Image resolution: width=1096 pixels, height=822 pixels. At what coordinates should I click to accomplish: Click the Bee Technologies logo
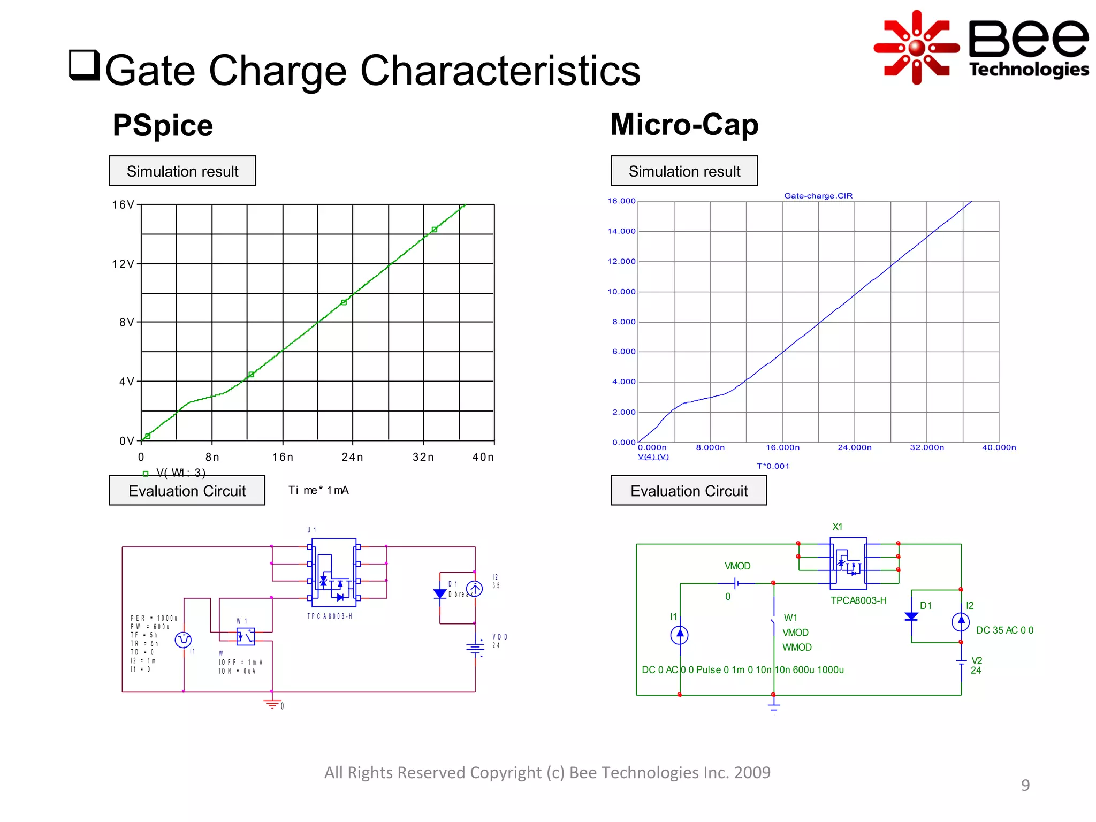(x=980, y=47)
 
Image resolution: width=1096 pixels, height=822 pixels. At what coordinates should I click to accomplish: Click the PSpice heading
(x=163, y=125)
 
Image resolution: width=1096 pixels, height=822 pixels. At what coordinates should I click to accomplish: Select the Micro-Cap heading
(x=684, y=124)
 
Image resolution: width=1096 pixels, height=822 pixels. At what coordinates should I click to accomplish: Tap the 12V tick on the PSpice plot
(x=124, y=264)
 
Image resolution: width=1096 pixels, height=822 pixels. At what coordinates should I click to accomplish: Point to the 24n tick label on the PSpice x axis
(x=352, y=457)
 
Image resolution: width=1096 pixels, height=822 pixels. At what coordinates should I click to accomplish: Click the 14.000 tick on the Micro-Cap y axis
(x=621, y=231)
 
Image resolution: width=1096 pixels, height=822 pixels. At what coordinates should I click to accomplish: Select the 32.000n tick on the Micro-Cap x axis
(x=927, y=447)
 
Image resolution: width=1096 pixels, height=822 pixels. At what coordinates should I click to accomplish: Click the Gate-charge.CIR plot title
(x=818, y=196)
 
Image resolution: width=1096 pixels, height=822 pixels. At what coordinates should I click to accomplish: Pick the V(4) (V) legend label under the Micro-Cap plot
(x=653, y=456)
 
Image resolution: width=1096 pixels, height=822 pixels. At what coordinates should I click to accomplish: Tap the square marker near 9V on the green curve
(x=344, y=302)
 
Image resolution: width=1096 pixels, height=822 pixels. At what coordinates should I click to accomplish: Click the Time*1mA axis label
(x=318, y=490)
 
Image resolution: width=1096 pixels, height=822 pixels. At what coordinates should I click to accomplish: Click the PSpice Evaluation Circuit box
(x=187, y=490)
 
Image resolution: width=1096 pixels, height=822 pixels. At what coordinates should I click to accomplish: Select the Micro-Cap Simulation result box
(x=684, y=171)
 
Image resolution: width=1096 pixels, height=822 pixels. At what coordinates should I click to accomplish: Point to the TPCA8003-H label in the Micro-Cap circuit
(x=858, y=600)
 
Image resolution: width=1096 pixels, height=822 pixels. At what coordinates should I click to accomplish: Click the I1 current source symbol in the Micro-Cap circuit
(x=679, y=635)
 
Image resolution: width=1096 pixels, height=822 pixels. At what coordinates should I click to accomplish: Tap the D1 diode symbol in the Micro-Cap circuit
(x=911, y=616)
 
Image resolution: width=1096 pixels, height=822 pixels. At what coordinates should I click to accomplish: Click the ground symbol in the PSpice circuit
(x=272, y=703)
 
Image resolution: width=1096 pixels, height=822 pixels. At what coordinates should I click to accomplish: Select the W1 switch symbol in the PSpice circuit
(x=246, y=636)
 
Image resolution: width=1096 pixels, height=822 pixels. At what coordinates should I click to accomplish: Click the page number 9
(x=1025, y=785)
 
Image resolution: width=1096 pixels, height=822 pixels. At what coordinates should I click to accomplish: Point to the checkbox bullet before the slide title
(x=85, y=65)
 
